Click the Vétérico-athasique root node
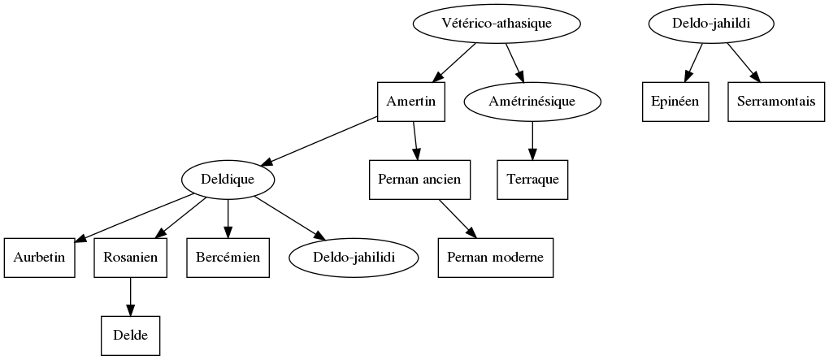click(x=497, y=24)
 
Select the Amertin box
click(x=411, y=102)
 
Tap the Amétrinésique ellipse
click(x=532, y=102)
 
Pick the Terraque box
click(x=532, y=180)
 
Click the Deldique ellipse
click(x=228, y=180)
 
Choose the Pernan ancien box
click(x=420, y=180)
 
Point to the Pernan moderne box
click(x=495, y=258)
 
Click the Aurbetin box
click(x=39, y=258)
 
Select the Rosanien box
click(x=130, y=258)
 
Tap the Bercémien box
click(x=228, y=258)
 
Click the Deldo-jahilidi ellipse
click(x=354, y=258)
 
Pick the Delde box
click(x=130, y=336)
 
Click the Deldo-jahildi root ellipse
click(x=710, y=24)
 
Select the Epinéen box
click(x=675, y=102)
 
